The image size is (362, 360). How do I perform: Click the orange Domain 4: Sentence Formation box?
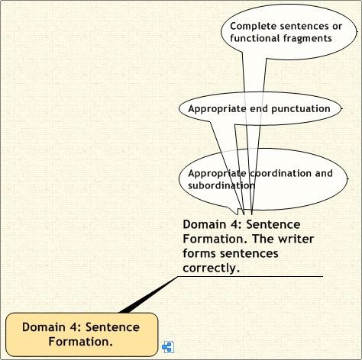tap(82, 334)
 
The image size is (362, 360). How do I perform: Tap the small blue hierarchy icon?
tap(168, 347)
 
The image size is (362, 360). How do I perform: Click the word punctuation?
tap(301, 109)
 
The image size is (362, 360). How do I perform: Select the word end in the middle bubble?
tap(259, 109)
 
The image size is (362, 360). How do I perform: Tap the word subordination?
tap(221, 185)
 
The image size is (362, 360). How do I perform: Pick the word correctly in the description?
tap(212, 268)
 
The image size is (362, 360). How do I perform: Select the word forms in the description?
tap(200, 253)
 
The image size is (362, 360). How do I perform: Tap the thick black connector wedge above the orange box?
tap(147, 295)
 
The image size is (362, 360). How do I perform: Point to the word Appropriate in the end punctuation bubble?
tap(217, 109)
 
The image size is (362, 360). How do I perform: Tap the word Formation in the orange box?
tap(80, 342)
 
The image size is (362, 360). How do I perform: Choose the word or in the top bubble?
tap(337, 27)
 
